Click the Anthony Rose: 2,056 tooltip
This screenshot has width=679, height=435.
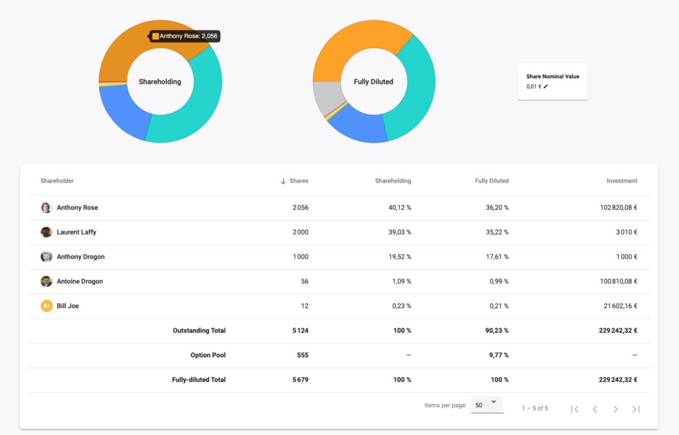(185, 36)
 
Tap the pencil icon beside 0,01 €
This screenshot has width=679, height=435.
(546, 86)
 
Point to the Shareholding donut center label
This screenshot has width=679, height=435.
(160, 82)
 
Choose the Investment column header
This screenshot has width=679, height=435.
(622, 181)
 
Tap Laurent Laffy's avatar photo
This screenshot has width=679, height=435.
(46, 232)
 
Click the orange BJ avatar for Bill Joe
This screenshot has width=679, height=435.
(46, 306)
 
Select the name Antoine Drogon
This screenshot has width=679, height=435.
(80, 281)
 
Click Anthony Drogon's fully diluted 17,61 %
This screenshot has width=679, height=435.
(497, 257)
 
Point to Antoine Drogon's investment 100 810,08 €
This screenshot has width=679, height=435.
(615, 281)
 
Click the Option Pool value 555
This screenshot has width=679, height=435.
(303, 355)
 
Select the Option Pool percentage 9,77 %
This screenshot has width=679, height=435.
(498, 355)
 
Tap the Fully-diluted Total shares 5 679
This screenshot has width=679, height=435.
(299, 379)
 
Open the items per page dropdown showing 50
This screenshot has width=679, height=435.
(487, 404)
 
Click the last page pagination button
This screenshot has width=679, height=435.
(636, 409)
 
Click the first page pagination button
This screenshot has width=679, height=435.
(574, 409)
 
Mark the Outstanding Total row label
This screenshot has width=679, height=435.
(200, 330)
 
